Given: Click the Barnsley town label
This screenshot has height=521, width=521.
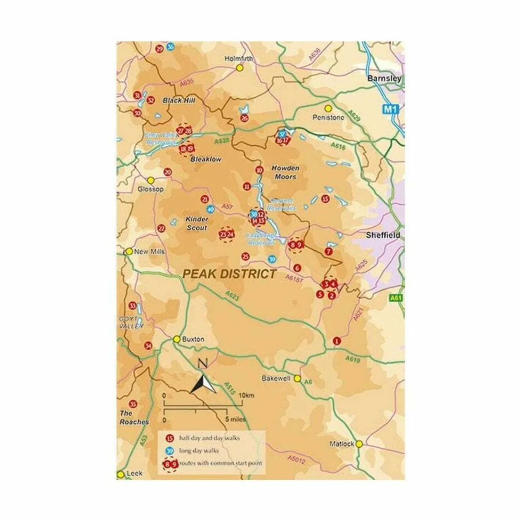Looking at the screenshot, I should pyautogui.click(x=384, y=78).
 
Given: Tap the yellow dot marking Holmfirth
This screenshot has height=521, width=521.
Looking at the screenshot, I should pyautogui.click(x=240, y=68).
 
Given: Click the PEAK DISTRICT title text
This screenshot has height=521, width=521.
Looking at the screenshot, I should pyautogui.click(x=229, y=274).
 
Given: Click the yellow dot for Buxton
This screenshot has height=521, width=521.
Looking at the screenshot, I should pyautogui.click(x=177, y=339).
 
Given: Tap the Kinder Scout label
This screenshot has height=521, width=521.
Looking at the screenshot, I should pyautogui.click(x=197, y=223).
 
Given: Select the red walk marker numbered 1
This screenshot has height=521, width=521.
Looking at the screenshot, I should pyautogui.click(x=336, y=341).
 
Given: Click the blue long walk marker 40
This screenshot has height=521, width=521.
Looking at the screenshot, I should pyautogui.click(x=210, y=209).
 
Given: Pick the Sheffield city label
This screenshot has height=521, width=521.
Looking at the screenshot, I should pyautogui.click(x=383, y=235).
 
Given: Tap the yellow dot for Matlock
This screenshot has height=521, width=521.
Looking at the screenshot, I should pyautogui.click(x=359, y=444).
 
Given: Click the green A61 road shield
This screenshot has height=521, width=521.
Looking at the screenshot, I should pyautogui.click(x=396, y=298).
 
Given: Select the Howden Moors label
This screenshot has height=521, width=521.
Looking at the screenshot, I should pyautogui.click(x=285, y=172).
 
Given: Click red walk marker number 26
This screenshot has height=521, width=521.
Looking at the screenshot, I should pyautogui.click(x=244, y=118).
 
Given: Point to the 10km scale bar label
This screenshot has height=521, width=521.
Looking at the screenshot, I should pyautogui.click(x=246, y=395).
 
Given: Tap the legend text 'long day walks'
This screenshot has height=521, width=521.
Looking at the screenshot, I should pyautogui.click(x=199, y=451).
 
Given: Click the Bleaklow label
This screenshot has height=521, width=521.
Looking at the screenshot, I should pyautogui.click(x=206, y=160).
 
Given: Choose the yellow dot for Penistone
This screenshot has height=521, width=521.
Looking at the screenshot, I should pyautogui.click(x=328, y=108).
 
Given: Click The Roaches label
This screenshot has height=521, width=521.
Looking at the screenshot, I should pyautogui.click(x=134, y=418).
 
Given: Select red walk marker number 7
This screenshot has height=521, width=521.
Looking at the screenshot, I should pyautogui.click(x=328, y=252).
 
